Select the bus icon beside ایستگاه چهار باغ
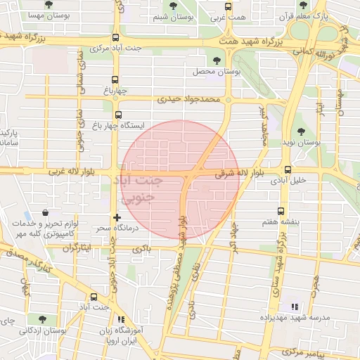(117, 115)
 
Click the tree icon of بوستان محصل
(216, 61)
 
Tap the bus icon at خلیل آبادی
(288, 169)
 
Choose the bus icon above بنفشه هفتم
(282, 210)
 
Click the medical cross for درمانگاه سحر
(117, 218)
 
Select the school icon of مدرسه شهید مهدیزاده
(295, 307)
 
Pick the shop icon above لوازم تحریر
(46, 212)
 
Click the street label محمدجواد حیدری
(190, 100)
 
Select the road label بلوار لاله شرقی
(240, 173)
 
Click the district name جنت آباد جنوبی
(141, 188)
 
